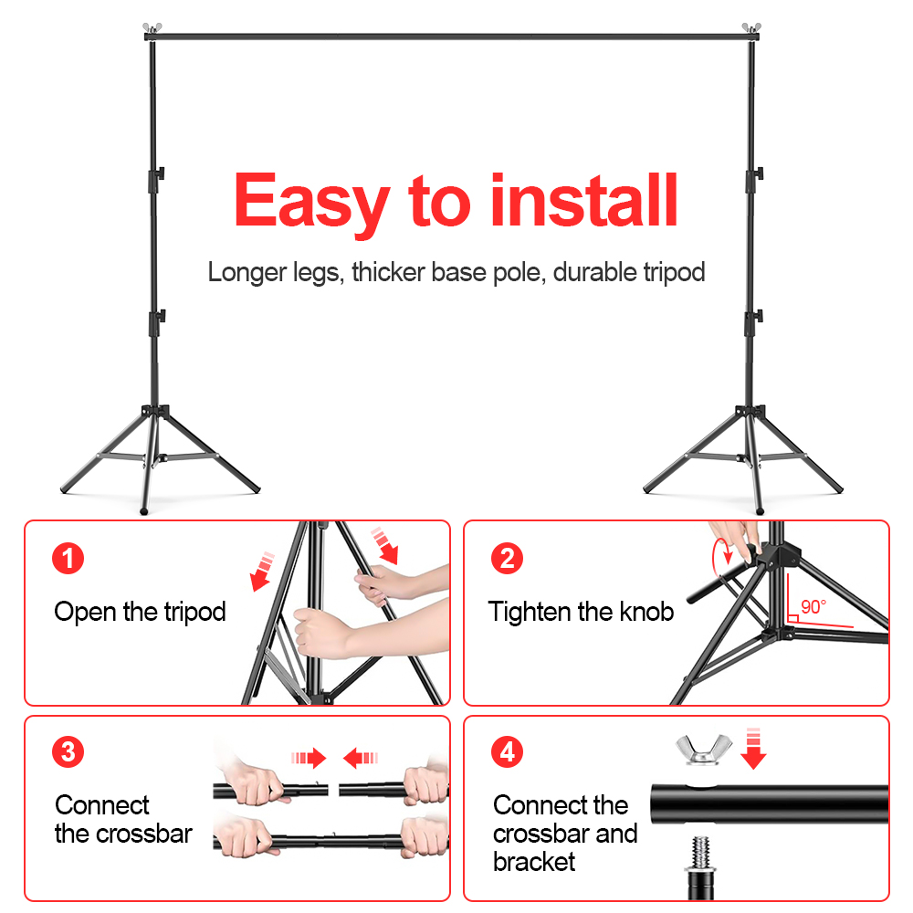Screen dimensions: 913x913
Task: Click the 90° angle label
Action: point(812,607)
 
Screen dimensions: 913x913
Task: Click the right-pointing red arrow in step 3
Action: point(310,757)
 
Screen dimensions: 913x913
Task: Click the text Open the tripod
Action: point(140,612)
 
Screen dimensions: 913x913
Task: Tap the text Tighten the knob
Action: point(581,612)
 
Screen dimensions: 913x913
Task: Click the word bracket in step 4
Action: point(534,861)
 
